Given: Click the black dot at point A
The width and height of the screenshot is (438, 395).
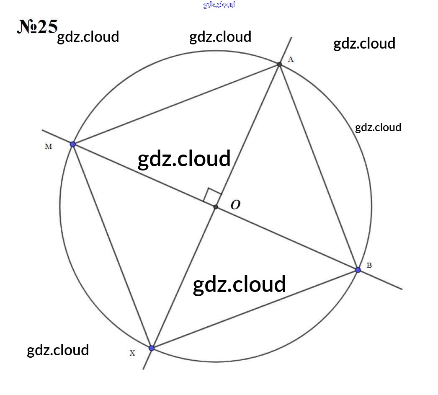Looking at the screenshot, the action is (279, 64).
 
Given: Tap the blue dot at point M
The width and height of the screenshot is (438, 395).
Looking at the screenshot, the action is (72, 144).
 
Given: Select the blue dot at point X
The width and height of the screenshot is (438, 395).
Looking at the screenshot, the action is (152, 348).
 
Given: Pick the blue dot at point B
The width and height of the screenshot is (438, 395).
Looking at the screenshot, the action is (358, 270).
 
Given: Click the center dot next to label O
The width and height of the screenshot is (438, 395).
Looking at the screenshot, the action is (216, 207).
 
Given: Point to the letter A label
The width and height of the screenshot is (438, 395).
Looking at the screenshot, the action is (291, 59).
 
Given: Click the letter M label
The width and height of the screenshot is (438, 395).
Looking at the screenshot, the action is (48, 146).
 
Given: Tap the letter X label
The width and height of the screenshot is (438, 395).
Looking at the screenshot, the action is (132, 353).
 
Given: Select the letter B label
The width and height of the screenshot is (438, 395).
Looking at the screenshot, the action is (369, 266).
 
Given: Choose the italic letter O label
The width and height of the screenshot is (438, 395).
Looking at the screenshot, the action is (235, 205).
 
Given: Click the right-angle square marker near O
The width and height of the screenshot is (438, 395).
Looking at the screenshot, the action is (212, 195).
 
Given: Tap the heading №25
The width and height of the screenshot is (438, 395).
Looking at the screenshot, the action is (37, 26).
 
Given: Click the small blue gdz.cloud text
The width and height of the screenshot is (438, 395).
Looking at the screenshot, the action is (219, 5).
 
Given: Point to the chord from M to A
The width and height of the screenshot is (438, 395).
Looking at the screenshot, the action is (176, 104).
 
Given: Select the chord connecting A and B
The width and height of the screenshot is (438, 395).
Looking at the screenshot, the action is (318, 167).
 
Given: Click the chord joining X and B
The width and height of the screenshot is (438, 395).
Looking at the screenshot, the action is (255, 309).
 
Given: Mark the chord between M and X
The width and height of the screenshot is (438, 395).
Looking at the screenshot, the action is (112, 246).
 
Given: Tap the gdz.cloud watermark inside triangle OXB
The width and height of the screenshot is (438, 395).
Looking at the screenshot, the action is (240, 284).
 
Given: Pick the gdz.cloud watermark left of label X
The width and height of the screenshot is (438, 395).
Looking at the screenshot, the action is (58, 350).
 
